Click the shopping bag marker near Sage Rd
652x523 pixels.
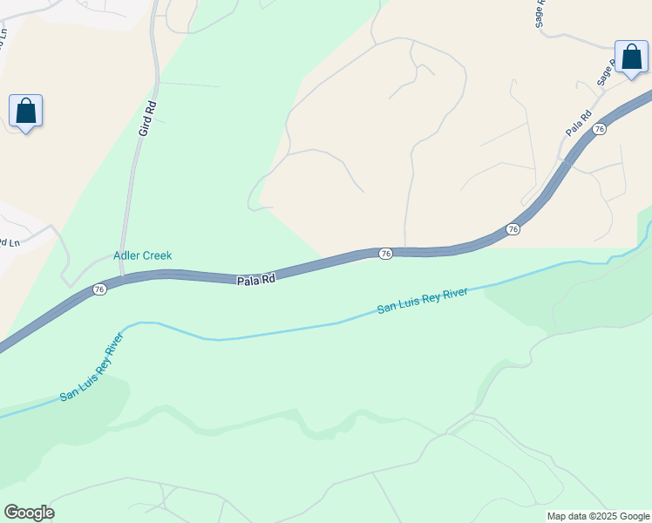tap(631, 58)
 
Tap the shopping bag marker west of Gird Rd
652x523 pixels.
tap(26, 112)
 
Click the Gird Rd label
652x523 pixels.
tap(148, 118)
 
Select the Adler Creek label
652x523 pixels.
tap(143, 255)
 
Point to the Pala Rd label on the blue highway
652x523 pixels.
tap(256, 280)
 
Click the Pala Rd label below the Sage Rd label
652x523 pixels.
tap(579, 122)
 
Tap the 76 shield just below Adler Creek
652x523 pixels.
tap(99, 289)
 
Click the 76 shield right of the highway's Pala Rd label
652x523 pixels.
tap(385, 253)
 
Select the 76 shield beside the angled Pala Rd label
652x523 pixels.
tap(598, 129)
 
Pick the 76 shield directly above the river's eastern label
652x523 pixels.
tap(513, 229)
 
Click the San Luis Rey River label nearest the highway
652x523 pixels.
tap(423, 300)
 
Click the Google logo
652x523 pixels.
tap(29, 513)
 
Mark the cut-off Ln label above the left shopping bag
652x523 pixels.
tap(3, 39)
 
